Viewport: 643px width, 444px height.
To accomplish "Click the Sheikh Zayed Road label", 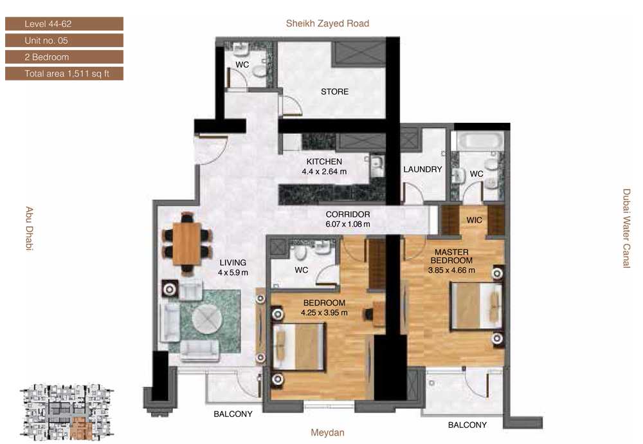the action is point(327,23).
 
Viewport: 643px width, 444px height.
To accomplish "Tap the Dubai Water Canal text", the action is point(626,228).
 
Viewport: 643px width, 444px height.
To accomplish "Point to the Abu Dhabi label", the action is point(29,228).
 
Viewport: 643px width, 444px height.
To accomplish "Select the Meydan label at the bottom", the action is point(327,432).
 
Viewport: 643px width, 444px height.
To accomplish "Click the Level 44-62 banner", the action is point(64,24).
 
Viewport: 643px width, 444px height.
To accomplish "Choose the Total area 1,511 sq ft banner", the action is point(64,73).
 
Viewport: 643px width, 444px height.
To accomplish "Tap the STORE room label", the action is point(334,91).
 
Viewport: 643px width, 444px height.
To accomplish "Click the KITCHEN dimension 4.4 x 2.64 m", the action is point(324,172).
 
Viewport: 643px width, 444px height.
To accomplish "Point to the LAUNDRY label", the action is point(422,169).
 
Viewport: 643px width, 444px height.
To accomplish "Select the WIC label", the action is point(474,220).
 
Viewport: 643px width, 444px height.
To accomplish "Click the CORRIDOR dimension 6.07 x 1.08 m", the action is point(348,224).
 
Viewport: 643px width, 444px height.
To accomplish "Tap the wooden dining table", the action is point(186,243).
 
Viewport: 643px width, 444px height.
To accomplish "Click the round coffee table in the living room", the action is point(208,318).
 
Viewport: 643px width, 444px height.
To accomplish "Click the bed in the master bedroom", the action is point(476,306).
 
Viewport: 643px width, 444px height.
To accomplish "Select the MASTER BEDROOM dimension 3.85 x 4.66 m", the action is point(451,270).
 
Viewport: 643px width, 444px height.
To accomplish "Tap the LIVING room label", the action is point(233,263).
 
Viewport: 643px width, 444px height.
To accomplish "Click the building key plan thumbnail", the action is point(67,412).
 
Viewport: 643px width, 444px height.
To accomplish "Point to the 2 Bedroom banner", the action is point(64,57).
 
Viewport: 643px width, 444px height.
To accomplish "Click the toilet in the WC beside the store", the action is point(259,71).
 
